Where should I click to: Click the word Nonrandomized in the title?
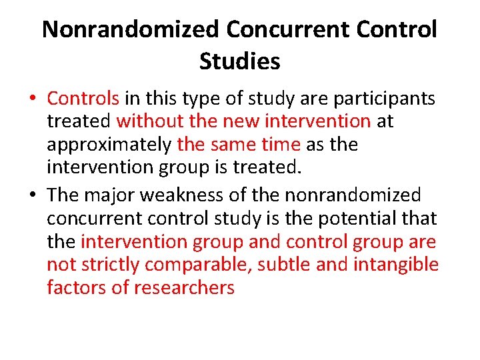coord(130,29)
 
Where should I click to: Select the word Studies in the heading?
coord(239,61)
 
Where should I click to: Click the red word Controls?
coord(83,99)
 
